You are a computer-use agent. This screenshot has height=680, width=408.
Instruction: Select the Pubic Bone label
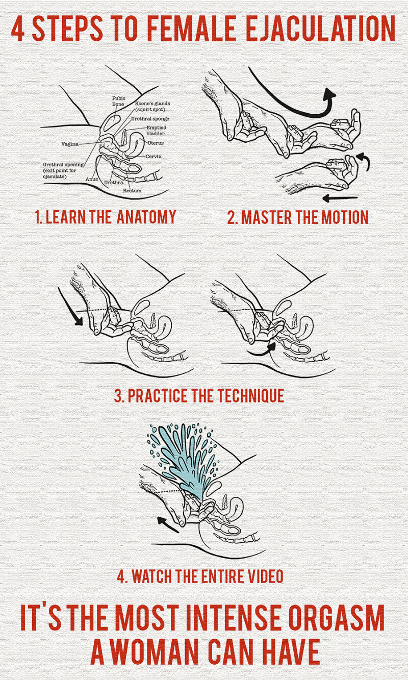(118, 101)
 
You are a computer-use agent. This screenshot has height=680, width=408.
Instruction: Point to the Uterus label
(156, 143)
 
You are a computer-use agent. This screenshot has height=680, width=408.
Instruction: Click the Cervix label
(154, 157)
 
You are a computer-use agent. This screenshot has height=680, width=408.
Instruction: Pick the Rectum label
(132, 191)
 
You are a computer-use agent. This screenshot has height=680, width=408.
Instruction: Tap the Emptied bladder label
(156, 131)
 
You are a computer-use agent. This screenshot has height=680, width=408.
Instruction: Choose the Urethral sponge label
(150, 119)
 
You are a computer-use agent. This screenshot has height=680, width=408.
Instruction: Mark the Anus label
(91, 179)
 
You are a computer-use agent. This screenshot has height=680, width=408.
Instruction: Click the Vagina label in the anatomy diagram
(70, 144)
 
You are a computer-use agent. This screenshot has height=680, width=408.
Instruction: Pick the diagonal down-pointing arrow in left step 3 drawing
(70, 307)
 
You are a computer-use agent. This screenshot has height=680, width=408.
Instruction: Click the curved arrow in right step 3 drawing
(262, 350)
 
